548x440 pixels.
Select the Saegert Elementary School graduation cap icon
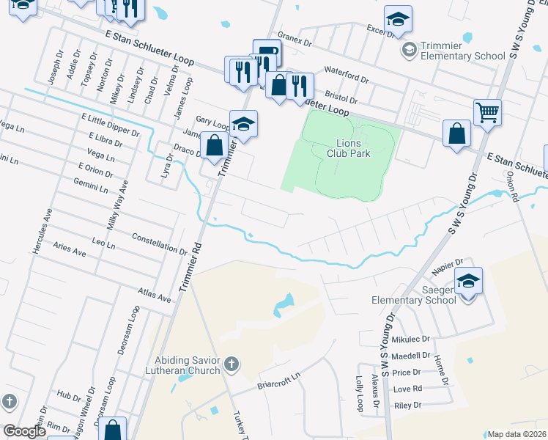(x=468, y=281)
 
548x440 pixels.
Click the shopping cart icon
(x=487, y=112)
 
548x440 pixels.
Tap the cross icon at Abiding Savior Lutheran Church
(x=231, y=364)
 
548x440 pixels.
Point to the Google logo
(x=24, y=431)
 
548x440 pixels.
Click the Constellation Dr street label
(x=159, y=243)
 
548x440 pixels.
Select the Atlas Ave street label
(x=154, y=295)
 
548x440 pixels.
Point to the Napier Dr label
(x=448, y=264)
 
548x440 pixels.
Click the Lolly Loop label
(x=359, y=394)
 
